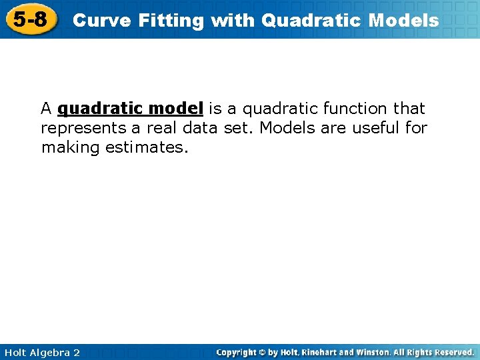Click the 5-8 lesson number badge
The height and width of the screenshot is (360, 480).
31,19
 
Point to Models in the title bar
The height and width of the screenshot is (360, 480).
403,21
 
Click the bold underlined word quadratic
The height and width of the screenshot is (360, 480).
101,108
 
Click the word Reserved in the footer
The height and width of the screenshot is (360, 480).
454,352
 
